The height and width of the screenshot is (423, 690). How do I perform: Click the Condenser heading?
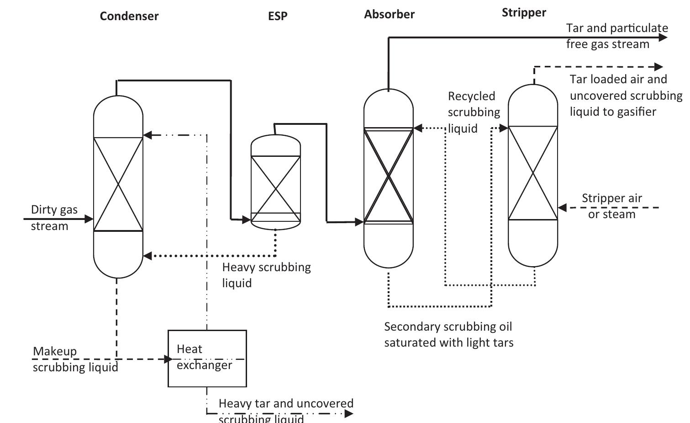(x=129, y=16)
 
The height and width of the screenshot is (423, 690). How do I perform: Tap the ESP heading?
(x=278, y=16)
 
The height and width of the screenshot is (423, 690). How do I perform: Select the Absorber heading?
(x=389, y=14)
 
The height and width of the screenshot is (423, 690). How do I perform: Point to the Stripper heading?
(x=524, y=12)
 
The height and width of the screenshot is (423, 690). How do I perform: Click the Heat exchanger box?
(x=207, y=358)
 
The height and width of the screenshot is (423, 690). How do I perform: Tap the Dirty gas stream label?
(x=54, y=218)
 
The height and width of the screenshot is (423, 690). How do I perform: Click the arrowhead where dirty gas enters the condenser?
(x=90, y=219)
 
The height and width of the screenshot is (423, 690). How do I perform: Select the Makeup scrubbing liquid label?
(x=75, y=359)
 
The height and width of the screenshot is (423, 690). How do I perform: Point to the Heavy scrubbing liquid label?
(x=266, y=274)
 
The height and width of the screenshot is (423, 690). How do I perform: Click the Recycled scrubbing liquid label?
(x=474, y=112)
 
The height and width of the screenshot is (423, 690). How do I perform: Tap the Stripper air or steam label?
(x=611, y=206)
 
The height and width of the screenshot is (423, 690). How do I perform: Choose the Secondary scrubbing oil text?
(x=448, y=327)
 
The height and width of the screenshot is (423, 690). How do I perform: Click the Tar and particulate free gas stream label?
(x=616, y=36)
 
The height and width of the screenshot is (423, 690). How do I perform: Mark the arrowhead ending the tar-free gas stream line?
(x=664, y=37)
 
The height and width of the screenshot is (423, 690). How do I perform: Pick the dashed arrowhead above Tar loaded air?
(x=658, y=67)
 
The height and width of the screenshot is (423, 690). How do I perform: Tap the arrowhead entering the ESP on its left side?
(x=247, y=220)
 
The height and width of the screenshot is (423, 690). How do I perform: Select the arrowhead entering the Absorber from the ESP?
(x=359, y=222)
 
